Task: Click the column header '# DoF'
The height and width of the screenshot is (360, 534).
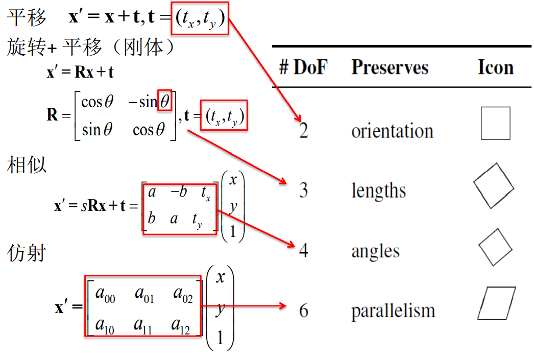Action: click(x=303, y=67)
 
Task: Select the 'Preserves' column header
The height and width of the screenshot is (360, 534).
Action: click(x=390, y=67)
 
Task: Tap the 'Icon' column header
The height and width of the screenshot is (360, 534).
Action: click(x=495, y=67)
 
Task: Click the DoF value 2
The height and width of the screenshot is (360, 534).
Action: click(x=304, y=131)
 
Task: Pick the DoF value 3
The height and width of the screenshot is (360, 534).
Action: click(x=304, y=190)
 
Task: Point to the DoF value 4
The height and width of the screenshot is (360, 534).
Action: click(x=304, y=251)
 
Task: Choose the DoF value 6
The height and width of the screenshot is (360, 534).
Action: click(x=304, y=310)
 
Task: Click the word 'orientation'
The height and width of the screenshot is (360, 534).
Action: click(x=392, y=131)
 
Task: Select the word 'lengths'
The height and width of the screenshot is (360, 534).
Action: click(x=378, y=191)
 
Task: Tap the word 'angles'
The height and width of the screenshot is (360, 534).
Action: click(x=375, y=251)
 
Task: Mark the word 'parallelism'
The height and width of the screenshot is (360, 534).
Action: click(x=393, y=310)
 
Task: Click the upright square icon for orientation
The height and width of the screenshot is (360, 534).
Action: click(x=495, y=123)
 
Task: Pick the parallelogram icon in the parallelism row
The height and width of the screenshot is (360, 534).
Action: click(x=496, y=303)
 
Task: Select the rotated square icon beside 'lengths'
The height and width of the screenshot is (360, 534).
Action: click(x=493, y=185)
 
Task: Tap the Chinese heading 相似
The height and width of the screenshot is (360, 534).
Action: click(x=27, y=165)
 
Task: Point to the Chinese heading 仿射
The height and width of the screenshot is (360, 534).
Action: click(x=27, y=252)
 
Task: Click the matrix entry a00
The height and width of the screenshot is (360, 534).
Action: click(x=105, y=295)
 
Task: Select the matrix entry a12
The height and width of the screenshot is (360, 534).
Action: click(x=181, y=325)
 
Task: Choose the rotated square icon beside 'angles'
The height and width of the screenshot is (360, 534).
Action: click(x=495, y=247)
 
